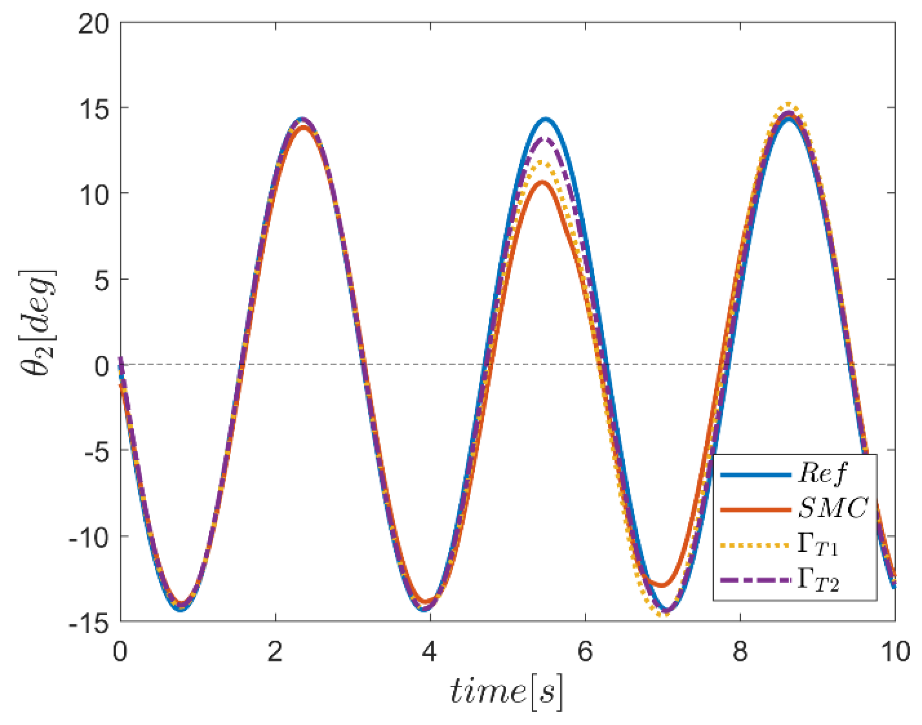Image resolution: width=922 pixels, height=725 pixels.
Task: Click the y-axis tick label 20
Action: click(x=94, y=25)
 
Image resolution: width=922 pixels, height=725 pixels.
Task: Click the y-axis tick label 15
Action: click(x=94, y=110)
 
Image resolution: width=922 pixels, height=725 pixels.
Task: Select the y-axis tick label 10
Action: click(x=94, y=195)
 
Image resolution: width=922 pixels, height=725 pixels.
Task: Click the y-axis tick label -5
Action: click(x=97, y=452)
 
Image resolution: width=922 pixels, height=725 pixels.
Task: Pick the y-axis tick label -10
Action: click(x=90, y=537)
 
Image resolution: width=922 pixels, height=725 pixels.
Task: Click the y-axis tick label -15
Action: click(x=90, y=623)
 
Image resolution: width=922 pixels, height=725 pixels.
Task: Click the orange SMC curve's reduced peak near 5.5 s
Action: click(x=542, y=182)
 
